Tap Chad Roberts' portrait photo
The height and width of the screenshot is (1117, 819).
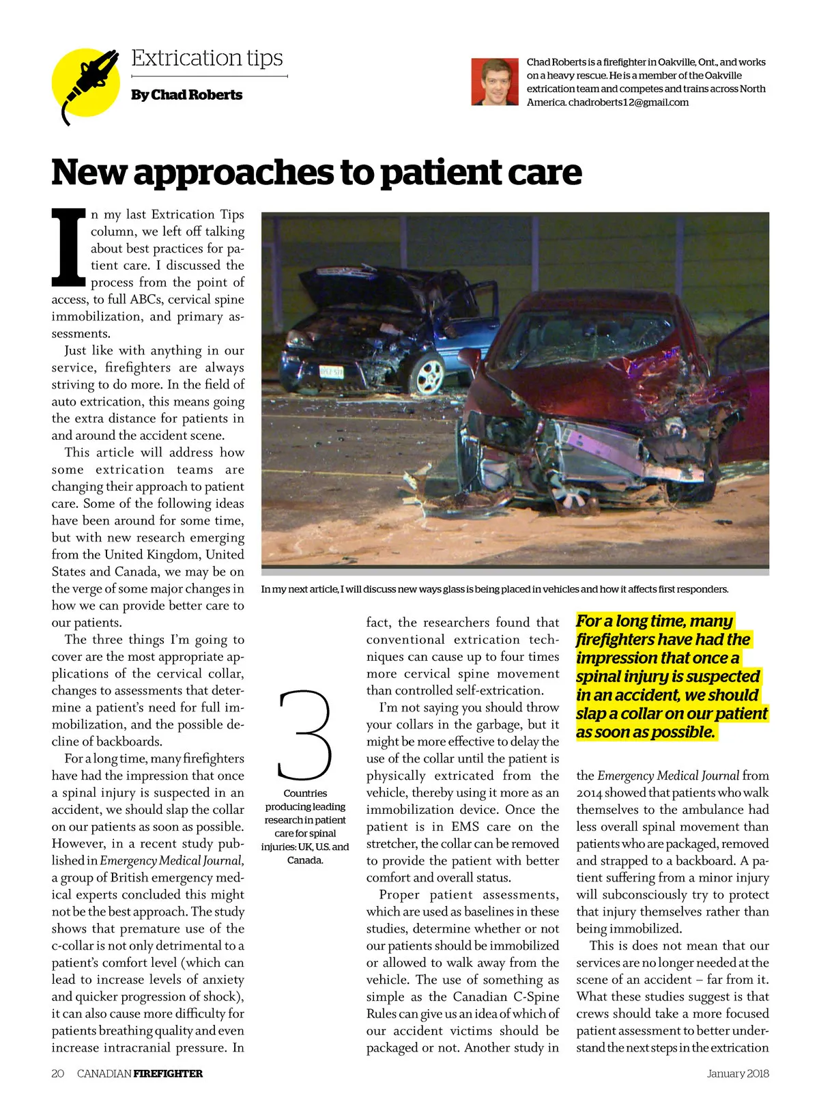pyautogui.click(x=494, y=82)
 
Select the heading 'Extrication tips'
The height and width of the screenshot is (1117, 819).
pyautogui.click(x=207, y=58)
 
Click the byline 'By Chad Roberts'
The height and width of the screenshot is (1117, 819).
pyautogui.click(x=186, y=95)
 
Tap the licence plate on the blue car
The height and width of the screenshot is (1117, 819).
pyautogui.click(x=331, y=371)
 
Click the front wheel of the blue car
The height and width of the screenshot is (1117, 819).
pyautogui.click(x=429, y=374)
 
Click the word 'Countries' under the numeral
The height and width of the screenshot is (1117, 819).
pyautogui.click(x=305, y=793)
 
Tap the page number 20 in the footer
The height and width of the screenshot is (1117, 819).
pyautogui.click(x=58, y=1073)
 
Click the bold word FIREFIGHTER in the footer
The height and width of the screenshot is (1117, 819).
pyautogui.click(x=168, y=1073)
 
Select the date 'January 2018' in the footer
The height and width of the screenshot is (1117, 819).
pyautogui.click(x=737, y=1073)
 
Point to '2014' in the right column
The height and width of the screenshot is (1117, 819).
pyautogui.click(x=589, y=793)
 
